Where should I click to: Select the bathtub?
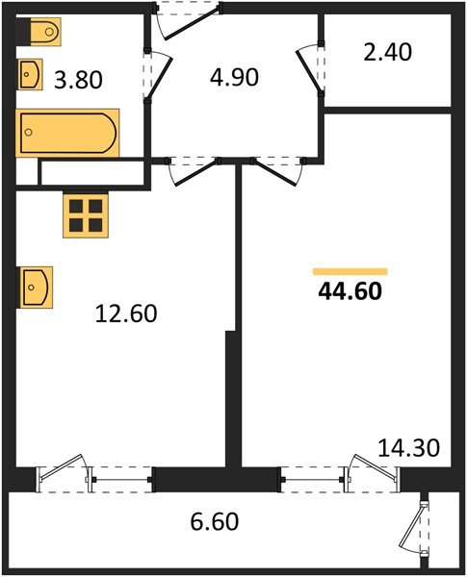pos(67,132)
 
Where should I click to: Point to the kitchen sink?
pos(36,287)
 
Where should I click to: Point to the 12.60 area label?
pos(125,313)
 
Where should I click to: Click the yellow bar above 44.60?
pos(350,272)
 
